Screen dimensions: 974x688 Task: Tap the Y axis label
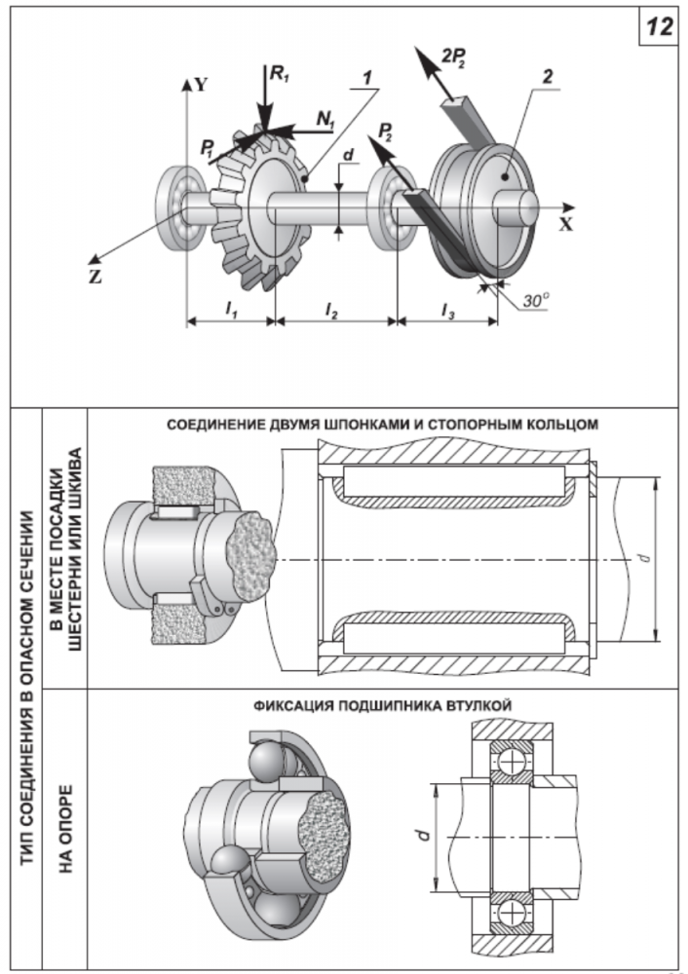click(x=200, y=84)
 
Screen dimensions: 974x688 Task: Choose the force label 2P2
click(x=455, y=57)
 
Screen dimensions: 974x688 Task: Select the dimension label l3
click(x=446, y=309)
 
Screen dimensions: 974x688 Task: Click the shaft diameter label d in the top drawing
click(x=348, y=154)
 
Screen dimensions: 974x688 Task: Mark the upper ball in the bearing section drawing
click(x=510, y=760)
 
